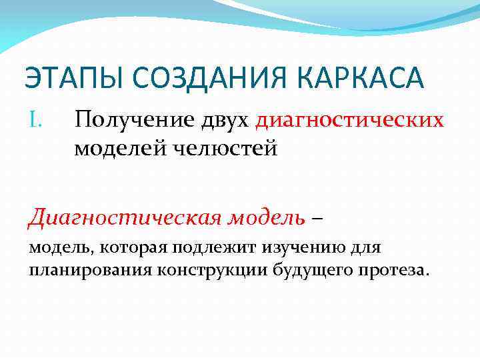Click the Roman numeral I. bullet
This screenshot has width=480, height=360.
[36, 120]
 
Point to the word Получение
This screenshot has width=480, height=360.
[131, 121]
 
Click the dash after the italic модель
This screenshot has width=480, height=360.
[317, 217]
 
